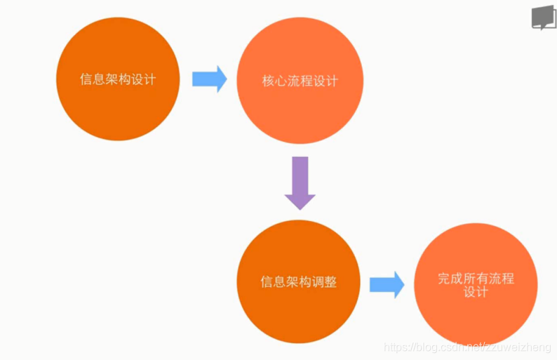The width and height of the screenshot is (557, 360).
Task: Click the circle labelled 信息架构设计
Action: point(118,79)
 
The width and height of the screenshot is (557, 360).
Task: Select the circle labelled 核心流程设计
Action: point(300,81)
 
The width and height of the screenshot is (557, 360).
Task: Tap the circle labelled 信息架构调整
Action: point(299,281)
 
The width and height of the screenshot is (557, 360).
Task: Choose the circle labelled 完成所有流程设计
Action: point(476,284)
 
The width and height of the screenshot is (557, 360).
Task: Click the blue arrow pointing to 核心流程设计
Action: point(209,79)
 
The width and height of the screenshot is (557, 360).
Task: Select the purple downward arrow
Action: point(300,182)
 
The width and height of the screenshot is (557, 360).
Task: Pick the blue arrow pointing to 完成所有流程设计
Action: point(387,284)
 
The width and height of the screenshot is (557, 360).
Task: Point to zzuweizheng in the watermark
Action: point(521,348)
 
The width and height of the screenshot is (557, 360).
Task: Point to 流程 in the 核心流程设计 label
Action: point(300,81)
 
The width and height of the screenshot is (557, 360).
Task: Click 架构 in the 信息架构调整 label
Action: point(299,282)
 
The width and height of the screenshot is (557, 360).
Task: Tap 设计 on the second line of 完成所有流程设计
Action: point(476,292)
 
